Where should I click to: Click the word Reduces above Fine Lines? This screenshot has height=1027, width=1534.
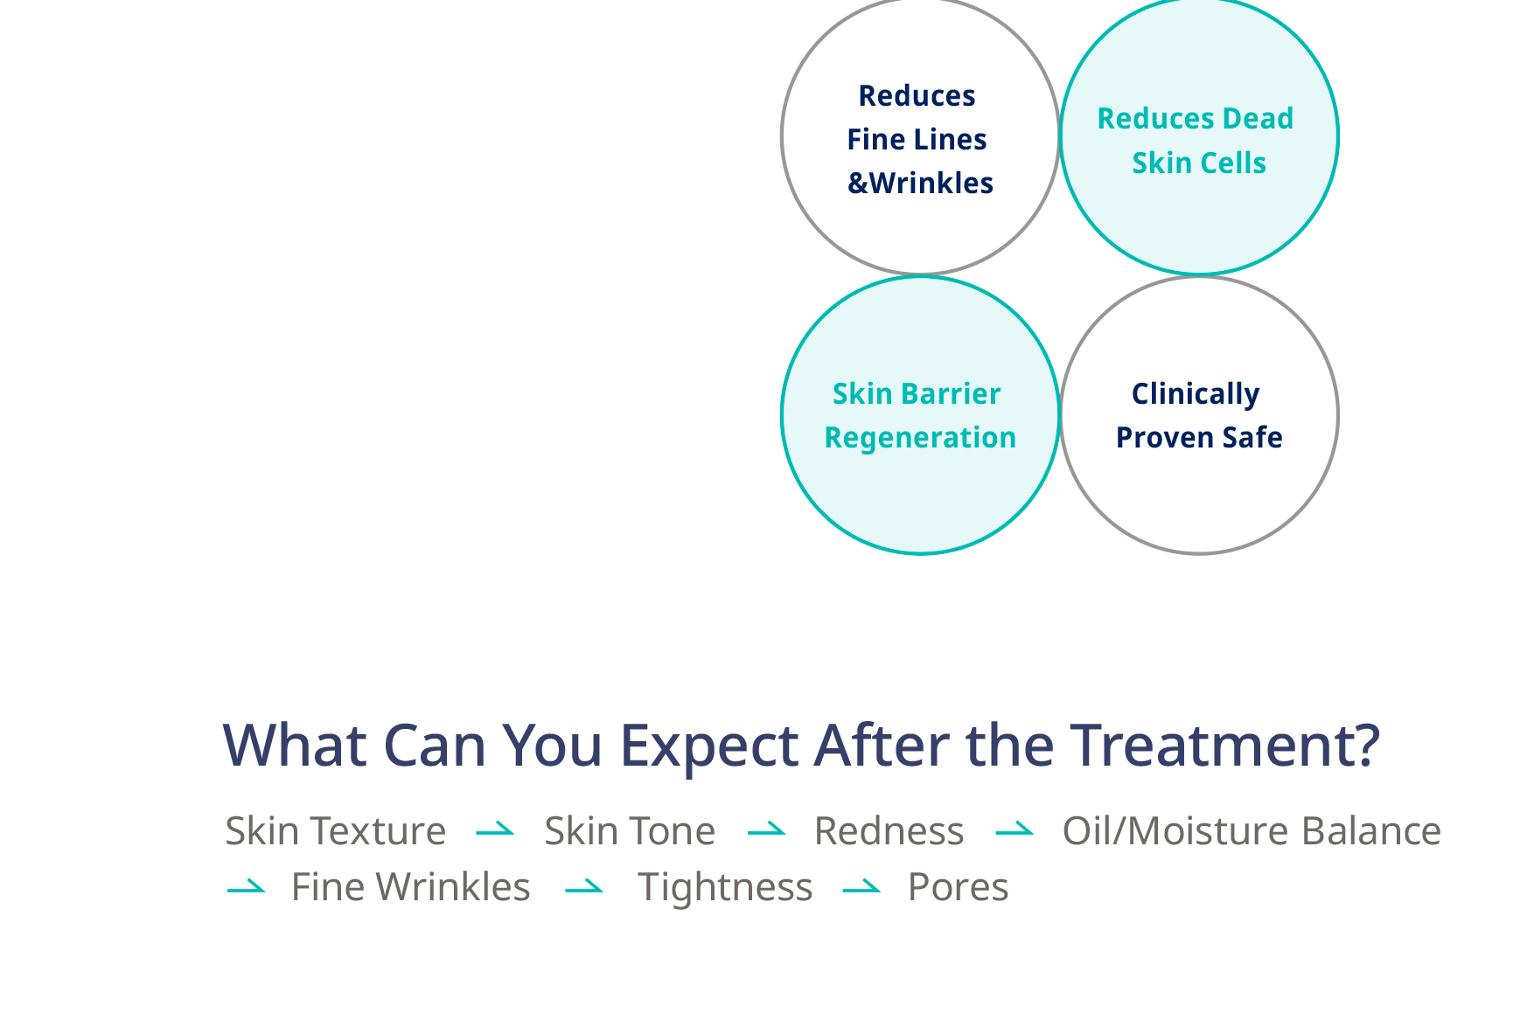click(917, 95)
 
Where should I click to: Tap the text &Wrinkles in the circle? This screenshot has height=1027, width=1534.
click(920, 183)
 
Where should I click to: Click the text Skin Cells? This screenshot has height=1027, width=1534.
click(1199, 163)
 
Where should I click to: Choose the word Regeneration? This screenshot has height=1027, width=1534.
click(920, 437)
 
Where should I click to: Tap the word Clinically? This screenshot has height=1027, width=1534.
click(1196, 393)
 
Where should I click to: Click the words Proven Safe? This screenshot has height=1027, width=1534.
click(1199, 437)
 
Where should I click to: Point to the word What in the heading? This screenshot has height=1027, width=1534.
click(295, 745)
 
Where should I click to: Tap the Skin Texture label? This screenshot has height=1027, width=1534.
click(336, 830)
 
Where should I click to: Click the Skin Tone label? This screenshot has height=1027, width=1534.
click(630, 830)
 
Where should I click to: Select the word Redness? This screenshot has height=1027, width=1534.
click(889, 830)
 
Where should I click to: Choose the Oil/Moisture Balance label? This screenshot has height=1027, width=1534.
click(1252, 830)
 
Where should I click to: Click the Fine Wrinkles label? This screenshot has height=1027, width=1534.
click(410, 886)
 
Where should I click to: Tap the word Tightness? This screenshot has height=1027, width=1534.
click(725, 887)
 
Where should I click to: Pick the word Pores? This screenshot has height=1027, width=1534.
click(958, 887)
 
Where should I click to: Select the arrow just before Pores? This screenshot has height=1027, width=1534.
click(861, 888)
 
